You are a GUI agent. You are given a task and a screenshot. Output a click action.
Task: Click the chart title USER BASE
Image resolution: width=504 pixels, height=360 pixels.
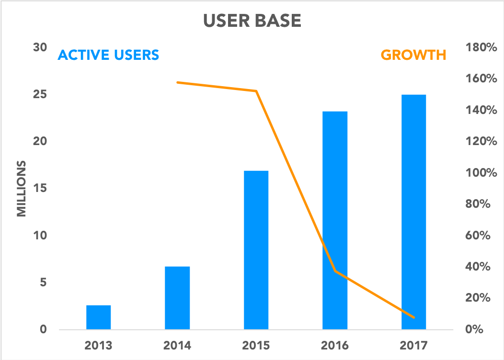(x=252, y=21)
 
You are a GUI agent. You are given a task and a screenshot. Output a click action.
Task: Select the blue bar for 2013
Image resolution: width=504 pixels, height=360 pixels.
(x=99, y=317)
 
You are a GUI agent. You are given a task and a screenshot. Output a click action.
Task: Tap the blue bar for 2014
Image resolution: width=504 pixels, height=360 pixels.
(x=177, y=298)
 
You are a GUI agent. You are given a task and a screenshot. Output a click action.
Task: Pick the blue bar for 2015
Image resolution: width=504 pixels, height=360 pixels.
(x=256, y=250)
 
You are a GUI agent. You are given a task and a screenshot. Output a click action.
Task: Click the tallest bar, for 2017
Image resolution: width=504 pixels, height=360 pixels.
(x=413, y=212)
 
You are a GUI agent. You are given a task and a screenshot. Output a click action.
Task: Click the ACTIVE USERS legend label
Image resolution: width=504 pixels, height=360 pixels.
(x=108, y=55)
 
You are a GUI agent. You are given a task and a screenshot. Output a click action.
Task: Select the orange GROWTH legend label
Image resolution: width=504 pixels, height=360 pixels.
(x=413, y=55)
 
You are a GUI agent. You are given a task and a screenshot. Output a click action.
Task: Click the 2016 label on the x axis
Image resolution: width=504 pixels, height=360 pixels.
(x=335, y=345)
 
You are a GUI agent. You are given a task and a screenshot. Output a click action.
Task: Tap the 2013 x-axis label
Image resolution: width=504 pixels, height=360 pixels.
(x=99, y=345)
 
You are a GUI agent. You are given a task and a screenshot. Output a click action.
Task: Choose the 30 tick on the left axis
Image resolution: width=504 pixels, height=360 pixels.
(x=40, y=47)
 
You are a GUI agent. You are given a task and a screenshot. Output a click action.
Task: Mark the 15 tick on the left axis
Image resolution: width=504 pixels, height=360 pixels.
(x=40, y=189)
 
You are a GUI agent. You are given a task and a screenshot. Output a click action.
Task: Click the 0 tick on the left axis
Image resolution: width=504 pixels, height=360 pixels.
(x=44, y=329)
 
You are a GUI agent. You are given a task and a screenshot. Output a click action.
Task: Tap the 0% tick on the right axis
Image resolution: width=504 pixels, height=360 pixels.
(x=478, y=329)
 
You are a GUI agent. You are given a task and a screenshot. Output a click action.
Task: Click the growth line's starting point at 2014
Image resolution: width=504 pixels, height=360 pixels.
(x=177, y=82)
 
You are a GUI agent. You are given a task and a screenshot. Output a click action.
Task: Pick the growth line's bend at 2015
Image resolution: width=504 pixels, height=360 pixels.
(x=256, y=91)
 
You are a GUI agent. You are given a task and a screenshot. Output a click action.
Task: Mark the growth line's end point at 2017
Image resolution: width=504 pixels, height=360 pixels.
(x=413, y=317)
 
